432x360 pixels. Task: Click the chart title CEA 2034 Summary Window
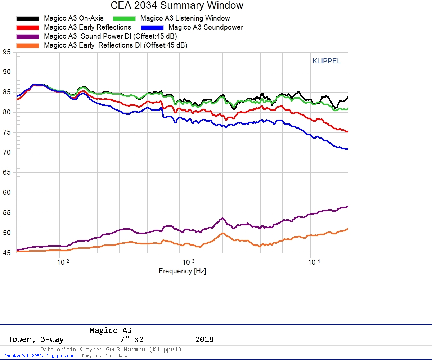[177, 5]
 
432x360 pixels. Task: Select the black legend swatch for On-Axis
[27, 18]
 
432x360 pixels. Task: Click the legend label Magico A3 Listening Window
[185, 18]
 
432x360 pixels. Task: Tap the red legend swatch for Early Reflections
[27, 27]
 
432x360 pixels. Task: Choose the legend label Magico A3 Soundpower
[206, 27]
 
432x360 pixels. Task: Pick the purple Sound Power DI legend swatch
[27, 36]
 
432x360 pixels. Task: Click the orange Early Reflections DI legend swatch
[27, 45]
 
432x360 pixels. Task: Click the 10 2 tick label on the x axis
[63, 262]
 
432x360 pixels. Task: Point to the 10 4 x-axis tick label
[314, 262]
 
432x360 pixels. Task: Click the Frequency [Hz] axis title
[182, 271]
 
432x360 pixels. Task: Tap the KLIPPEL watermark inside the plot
[326, 61]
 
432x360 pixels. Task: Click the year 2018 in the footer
[204, 339]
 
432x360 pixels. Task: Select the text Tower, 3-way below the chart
[36, 339]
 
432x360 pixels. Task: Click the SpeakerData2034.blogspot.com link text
[39, 356]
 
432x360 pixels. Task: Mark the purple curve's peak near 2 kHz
[222, 218]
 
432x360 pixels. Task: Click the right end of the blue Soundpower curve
[347, 149]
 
